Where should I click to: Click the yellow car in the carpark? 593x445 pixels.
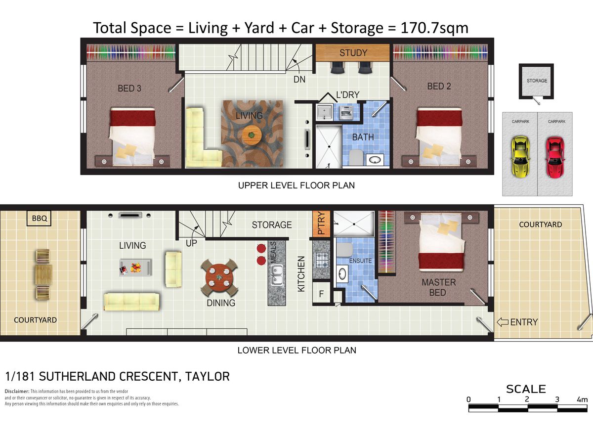click(520, 157)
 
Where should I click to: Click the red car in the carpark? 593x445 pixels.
click(555, 157)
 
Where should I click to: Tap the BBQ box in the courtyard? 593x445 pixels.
click(39, 219)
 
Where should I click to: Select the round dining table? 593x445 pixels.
click(219, 277)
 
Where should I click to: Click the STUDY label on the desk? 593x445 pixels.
click(353, 53)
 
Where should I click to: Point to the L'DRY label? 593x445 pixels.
click(348, 95)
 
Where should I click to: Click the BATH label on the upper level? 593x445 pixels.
click(363, 137)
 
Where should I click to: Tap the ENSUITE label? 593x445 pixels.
click(360, 261)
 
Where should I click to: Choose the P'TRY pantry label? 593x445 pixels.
click(321, 223)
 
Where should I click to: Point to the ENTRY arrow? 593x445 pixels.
click(503, 322)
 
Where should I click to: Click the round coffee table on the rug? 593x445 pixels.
click(252, 135)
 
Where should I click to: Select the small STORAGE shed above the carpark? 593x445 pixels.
click(536, 81)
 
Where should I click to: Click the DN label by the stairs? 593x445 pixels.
click(299, 80)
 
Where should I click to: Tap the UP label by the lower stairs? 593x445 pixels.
click(191, 243)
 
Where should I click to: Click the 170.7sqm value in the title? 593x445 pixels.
click(434, 28)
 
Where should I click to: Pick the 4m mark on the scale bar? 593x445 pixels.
click(582, 400)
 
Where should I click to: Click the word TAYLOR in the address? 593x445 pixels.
click(207, 377)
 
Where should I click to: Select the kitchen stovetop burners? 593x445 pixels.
click(321, 260)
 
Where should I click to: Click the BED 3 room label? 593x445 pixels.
click(129, 89)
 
